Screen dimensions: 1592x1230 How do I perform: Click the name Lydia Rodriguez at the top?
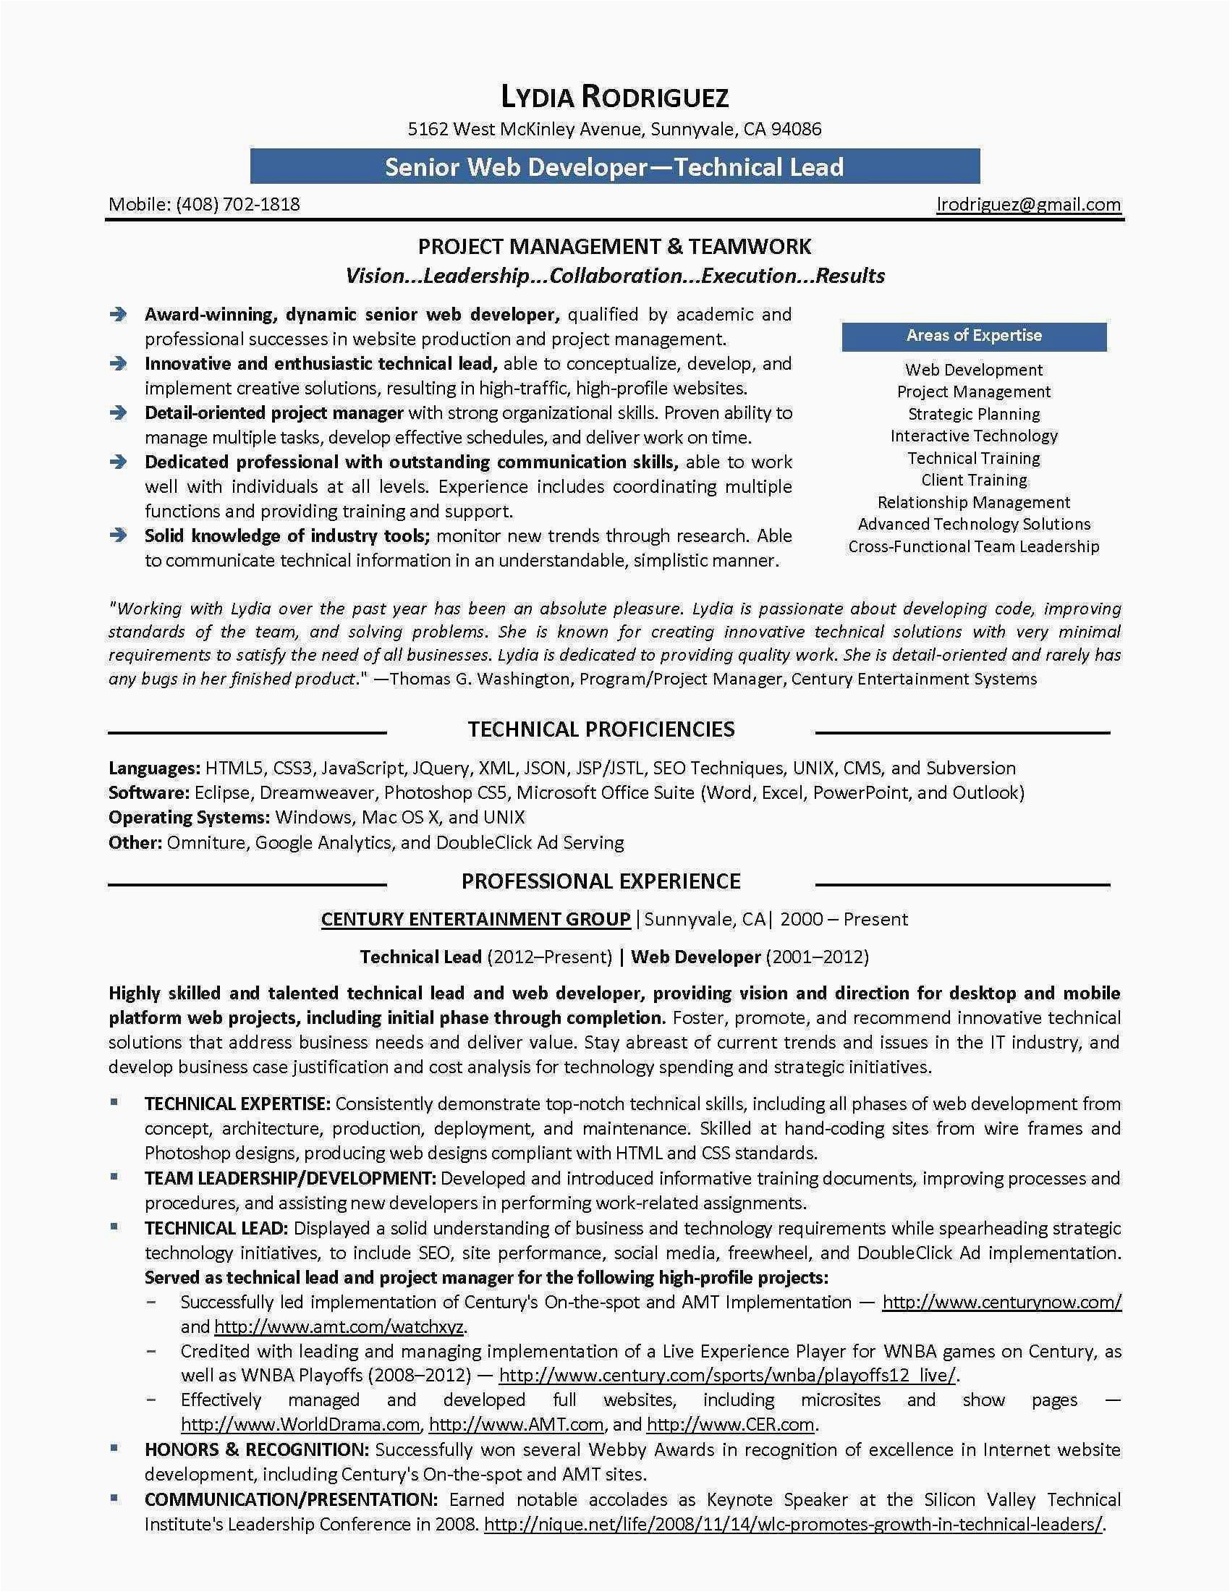tap(614, 97)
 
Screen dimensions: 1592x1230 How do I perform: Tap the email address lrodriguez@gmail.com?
tap(1028, 204)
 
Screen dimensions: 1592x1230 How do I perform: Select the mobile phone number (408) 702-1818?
tap(237, 204)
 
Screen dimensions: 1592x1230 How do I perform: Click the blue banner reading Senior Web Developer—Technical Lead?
tap(614, 167)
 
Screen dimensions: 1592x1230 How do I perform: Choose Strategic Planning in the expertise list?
tap(973, 414)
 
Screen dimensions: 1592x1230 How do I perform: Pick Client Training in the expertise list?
tap(973, 480)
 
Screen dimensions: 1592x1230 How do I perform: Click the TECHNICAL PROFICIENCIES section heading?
tap(601, 729)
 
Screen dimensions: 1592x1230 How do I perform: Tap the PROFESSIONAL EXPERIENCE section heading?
tap(601, 881)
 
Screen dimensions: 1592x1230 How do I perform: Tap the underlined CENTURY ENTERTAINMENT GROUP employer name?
tap(476, 919)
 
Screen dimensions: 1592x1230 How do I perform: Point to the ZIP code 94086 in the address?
tap(797, 130)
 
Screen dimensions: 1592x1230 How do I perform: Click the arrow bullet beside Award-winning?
tap(118, 315)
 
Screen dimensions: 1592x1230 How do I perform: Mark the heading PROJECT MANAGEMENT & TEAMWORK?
tap(614, 246)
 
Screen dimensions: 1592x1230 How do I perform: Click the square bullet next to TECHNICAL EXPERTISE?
tap(114, 1103)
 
